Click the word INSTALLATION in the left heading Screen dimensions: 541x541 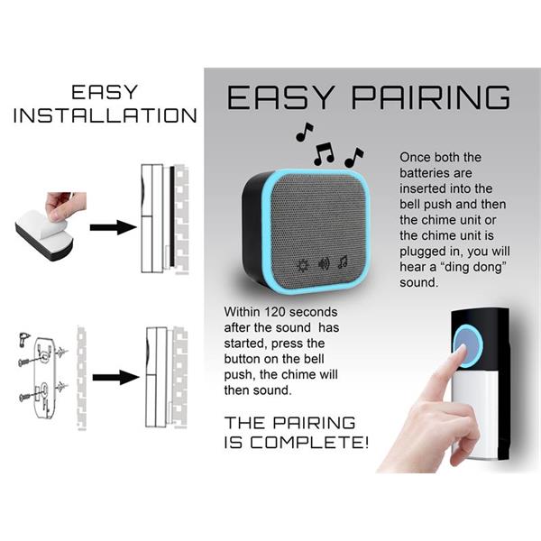tap(105, 115)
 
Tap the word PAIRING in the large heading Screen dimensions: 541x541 tap(431, 97)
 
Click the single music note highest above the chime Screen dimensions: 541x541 tap(305, 132)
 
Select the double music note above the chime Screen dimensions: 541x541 tap(324, 153)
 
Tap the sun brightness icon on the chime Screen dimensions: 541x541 tap(304, 266)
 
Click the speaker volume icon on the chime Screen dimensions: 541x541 tap(324, 264)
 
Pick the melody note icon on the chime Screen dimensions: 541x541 tap(343, 262)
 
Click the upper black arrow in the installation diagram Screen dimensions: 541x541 tap(114, 227)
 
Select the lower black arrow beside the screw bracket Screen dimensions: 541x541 tap(116, 378)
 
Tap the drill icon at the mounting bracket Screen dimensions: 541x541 tap(24, 338)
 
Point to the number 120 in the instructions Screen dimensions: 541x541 tap(275, 312)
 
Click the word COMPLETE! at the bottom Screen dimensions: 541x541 tap(309, 443)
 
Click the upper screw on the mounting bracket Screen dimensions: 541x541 tap(32, 360)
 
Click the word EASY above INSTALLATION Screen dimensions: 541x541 tap(105, 92)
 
